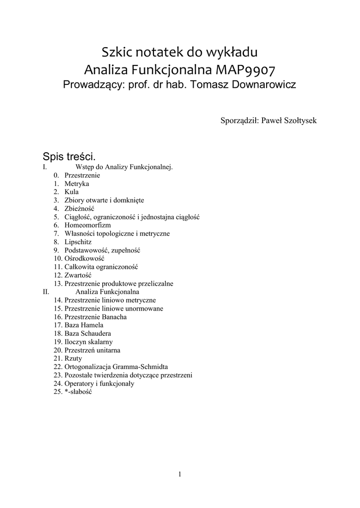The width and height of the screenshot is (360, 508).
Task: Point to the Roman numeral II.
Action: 46,292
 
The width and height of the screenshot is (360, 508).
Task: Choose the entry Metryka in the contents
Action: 76,184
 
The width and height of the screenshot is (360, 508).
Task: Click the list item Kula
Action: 72,191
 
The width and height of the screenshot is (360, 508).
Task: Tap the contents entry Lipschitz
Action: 78,242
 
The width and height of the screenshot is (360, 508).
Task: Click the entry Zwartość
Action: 78,275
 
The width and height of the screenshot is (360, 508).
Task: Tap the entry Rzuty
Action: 73,358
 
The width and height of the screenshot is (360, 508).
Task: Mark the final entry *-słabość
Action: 78,391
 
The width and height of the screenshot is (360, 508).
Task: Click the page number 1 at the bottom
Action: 180,474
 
